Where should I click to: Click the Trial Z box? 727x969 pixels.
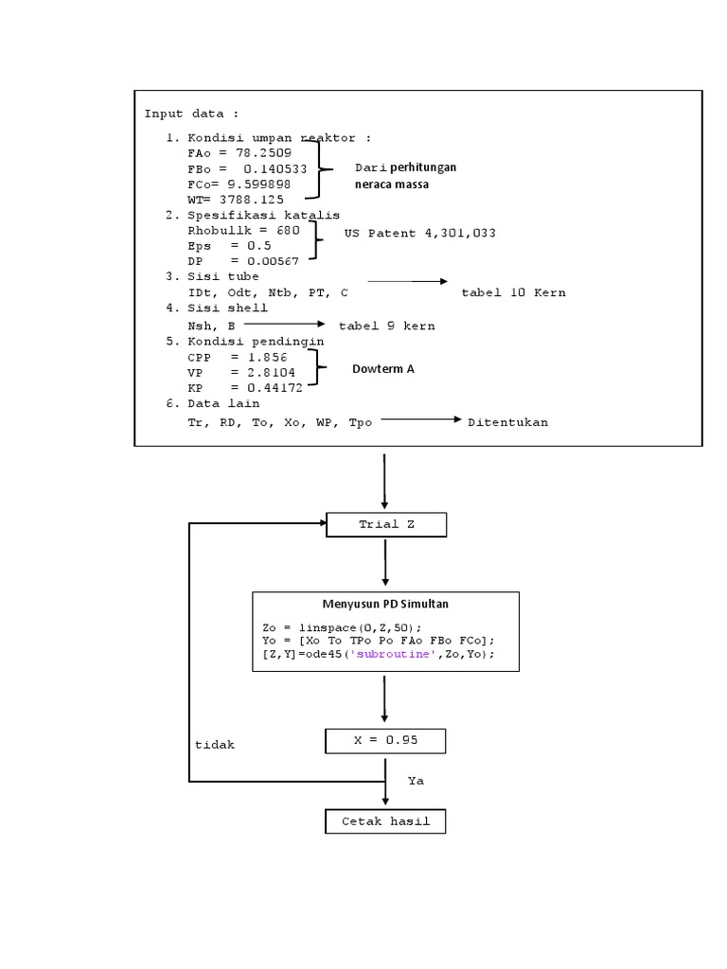pos(385,524)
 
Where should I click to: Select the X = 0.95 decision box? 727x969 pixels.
pos(385,740)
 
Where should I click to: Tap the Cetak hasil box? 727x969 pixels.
pos(385,821)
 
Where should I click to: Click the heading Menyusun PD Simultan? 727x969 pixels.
pos(384,603)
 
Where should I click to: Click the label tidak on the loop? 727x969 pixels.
pos(214,745)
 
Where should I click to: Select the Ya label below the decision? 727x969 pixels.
pos(416,781)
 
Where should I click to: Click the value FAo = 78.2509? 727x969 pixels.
pos(240,152)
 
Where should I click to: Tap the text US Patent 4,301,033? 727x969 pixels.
pos(420,233)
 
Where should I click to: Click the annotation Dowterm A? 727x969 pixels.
pos(383,369)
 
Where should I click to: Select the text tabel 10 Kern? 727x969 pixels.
pos(513,292)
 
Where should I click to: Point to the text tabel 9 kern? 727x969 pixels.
pos(387,326)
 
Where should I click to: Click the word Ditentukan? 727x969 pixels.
pos(507,422)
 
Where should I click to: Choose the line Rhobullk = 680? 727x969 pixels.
pos(244,230)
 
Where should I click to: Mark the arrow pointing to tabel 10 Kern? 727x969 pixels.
pos(407,281)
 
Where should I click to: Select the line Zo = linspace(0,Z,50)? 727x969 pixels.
pos(342,627)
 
